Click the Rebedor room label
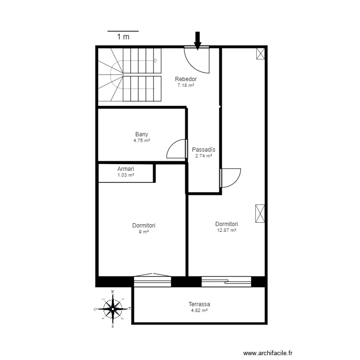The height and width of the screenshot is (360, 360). click(186, 79)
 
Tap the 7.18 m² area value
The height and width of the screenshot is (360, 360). click(186, 85)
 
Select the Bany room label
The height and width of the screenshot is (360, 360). click(142, 134)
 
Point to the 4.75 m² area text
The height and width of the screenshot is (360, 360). click(142, 140)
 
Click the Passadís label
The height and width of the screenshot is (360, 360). click(204, 149)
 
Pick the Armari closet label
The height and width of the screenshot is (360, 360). click(126, 169)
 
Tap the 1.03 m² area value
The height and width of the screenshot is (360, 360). click(126, 175)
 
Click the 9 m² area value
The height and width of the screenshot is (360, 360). click(144, 232)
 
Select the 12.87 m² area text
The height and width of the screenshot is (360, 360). click(227, 230)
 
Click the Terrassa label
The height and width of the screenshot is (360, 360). click(199, 304)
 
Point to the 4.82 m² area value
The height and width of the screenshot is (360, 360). click(199, 311)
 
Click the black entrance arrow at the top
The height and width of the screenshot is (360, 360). click(197, 41)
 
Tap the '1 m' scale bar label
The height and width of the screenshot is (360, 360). click(123, 37)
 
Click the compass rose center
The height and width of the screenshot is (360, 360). click(113, 309)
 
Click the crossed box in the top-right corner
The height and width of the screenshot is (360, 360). click(261, 54)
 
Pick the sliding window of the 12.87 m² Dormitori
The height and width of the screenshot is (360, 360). click(227, 282)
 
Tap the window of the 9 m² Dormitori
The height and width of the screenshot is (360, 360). click(153, 280)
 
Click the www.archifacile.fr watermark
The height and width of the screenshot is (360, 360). click(268, 353)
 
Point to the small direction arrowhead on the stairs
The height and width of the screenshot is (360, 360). click(156, 60)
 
